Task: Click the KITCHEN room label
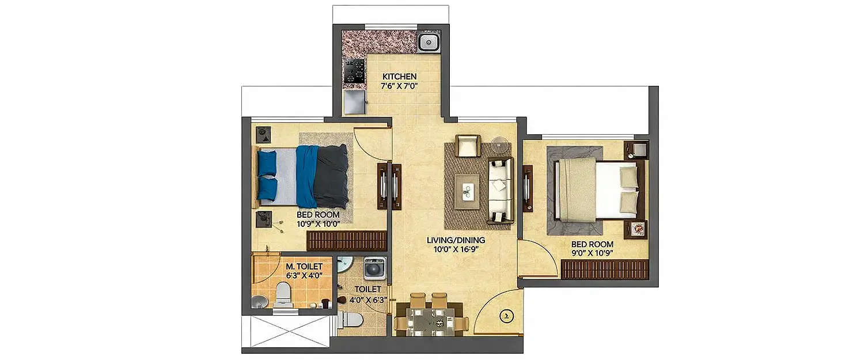399,77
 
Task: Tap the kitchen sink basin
427,41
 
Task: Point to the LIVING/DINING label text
456,240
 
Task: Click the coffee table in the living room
468,187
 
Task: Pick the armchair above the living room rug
468,146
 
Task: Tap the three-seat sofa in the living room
500,190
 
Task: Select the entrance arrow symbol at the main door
506,315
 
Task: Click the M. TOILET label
304,266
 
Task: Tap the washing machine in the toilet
374,268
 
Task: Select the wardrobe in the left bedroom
346,241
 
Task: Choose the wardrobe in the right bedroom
605,269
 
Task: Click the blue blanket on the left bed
306,176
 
